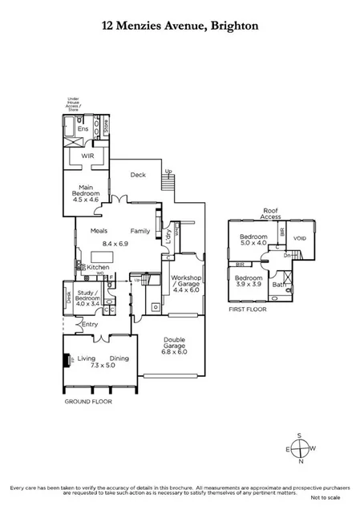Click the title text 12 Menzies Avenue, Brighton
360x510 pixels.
[180, 26]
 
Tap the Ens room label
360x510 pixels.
[83, 128]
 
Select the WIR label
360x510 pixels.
[87, 156]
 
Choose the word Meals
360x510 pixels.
[99, 230]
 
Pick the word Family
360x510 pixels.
[140, 230]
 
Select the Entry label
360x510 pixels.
[89, 324]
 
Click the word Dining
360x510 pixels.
[119, 358]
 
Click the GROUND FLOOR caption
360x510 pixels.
[88, 401]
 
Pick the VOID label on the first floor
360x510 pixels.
[300, 238]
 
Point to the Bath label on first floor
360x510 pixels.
[278, 284]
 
